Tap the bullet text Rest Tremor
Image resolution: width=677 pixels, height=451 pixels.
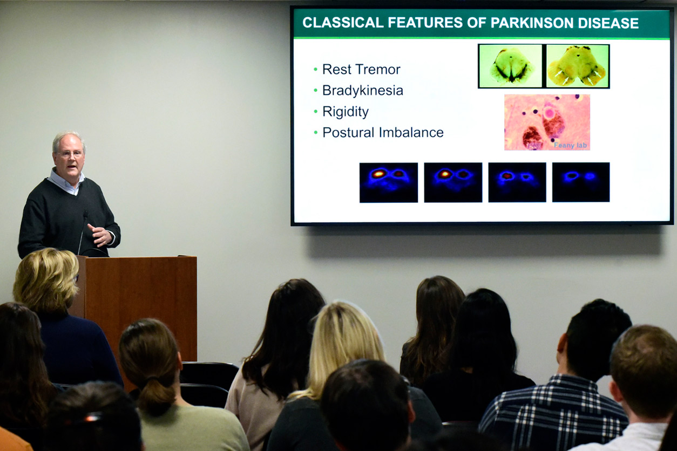point(361,70)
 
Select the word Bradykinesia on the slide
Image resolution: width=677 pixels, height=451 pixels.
point(363,90)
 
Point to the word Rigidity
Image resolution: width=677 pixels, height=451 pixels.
point(346,112)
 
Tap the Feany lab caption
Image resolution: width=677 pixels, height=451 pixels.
point(570,145)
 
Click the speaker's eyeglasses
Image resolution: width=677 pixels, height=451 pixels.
point(70,154)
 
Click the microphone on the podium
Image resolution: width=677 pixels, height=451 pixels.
point(83,233)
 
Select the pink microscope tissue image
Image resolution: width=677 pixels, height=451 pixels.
point(547,122)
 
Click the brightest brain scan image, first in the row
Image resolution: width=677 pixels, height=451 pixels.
point(389,182)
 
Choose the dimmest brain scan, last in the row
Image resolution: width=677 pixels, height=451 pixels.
point(581,182)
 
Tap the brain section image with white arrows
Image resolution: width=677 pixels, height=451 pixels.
point(578,66)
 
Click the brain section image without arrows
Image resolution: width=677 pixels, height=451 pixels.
point(511,66)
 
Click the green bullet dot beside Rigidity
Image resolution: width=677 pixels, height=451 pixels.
point(315,112)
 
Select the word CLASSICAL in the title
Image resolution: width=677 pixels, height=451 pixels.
point(343,23)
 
